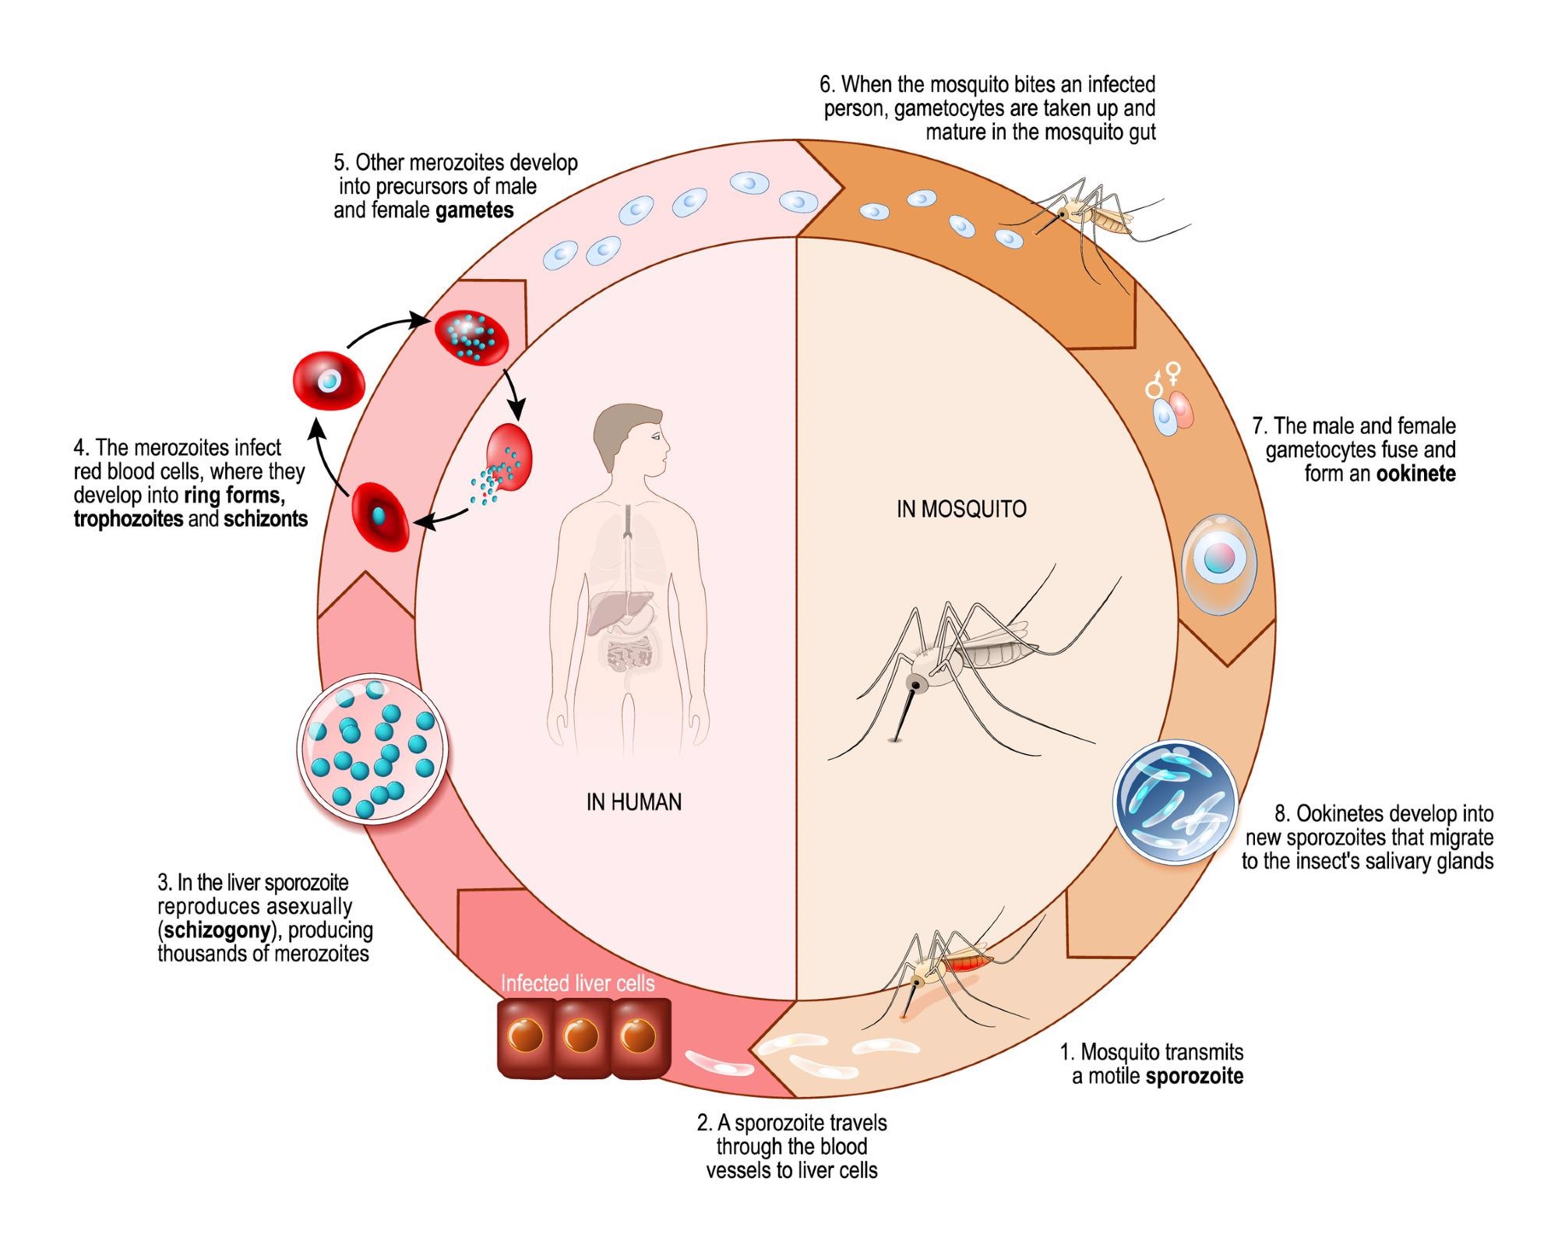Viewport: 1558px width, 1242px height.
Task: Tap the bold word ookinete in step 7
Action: pos(1415,474)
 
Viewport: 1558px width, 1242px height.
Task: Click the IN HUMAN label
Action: pos(633,802)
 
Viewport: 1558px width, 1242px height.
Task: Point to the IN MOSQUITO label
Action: pos(961,509)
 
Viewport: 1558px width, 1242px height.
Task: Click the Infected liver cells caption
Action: pos(577,983)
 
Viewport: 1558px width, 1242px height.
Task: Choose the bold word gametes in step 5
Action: pos(474,210)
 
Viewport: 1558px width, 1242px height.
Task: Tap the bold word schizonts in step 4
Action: pos(266,519)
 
